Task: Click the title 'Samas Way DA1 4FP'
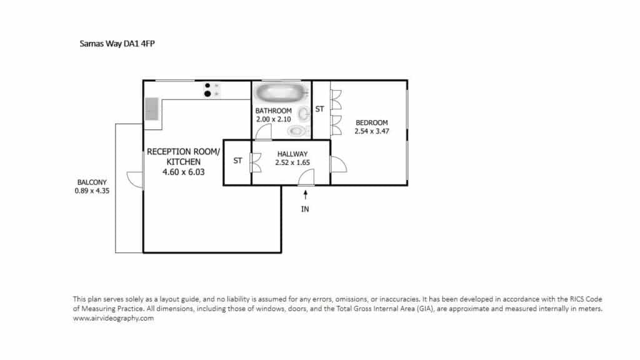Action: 117,44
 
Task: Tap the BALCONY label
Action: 92,182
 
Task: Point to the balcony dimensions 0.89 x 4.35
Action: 92,191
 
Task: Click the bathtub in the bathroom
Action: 280,92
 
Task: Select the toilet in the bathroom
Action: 298,131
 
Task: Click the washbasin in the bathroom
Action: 304,114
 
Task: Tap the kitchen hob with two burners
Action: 211,90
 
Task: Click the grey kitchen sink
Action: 152,109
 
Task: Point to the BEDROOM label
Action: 371,122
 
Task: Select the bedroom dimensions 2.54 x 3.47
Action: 371,131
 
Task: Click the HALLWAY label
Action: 292,154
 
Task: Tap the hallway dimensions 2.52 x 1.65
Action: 292,162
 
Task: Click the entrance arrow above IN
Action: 305,195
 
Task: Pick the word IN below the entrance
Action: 305,209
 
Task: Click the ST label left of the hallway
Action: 237,161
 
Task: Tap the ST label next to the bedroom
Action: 319,109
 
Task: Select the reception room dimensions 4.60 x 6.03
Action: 183,172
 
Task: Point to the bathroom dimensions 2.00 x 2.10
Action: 274,119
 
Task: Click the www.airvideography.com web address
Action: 114,318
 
